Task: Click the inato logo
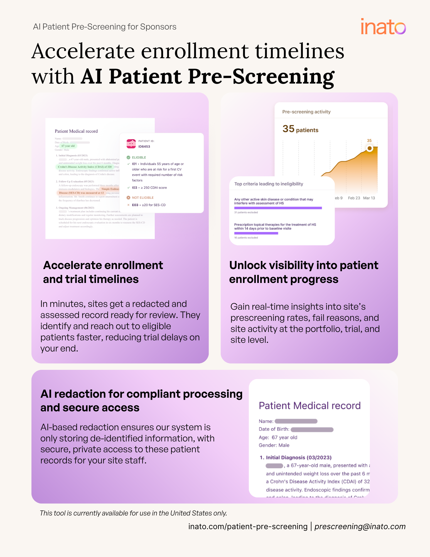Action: click(383, 27)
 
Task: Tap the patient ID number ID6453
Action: click(144, 146)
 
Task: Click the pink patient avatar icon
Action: click(131, 144)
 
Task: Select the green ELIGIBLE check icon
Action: click(128, 157)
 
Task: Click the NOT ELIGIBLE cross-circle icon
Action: click(128, 197)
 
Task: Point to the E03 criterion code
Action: click(135, 205)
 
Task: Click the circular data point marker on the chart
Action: click(369, 148)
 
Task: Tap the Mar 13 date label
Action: click(369, 198)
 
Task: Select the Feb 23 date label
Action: click(354, 198)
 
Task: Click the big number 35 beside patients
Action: click(288, 129)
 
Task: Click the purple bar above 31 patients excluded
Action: click(278, 208)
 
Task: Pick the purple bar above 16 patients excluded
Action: click(256, 233)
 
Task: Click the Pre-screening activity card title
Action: click(306, 112)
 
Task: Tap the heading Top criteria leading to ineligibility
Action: click(269, 184)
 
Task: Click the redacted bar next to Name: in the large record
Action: click(296, 421)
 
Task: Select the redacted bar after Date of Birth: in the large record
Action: click(312, 429)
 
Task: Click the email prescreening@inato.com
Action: click(360, 526)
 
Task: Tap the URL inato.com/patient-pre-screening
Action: click(248, 526)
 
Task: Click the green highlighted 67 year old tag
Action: click(68, 146)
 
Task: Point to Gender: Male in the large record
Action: click(274, 445)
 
